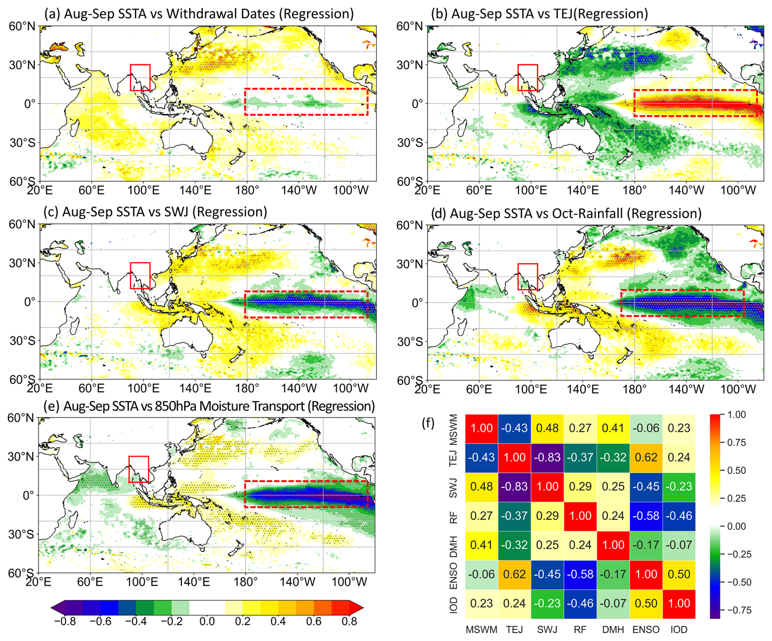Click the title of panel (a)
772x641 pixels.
pos(199,14)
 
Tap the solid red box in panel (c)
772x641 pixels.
pos(140,276)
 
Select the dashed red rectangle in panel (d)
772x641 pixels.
pos(682,303)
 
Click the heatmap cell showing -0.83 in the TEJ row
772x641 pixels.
pos(547,457)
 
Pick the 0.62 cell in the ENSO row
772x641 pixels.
pos(515,574)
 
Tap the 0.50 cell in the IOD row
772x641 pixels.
pos(646,603)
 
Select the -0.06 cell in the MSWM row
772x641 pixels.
pos(646,428)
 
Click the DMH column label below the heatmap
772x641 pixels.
pos(613,630)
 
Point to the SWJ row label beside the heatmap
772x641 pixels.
pos(453,487)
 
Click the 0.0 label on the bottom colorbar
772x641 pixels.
pos(207,621)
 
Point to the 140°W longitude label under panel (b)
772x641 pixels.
pos(687,190)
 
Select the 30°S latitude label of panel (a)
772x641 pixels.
pos(22,142)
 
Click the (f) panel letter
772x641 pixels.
pos(428,423)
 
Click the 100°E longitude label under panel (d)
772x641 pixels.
pos(530,389)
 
